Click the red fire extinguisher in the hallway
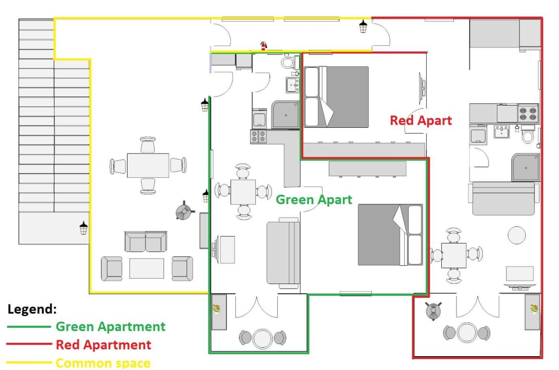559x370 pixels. (x=263, y=46)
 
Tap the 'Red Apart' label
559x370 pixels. (x=421, y=120)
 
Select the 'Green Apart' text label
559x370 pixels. (x=314, y=200)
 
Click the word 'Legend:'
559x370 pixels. (x=32, y=309)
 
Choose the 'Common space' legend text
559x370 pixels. (x=103, y=363)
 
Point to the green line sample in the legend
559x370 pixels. (x=29, y=327)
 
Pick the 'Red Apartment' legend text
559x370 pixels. (x=104, y=345)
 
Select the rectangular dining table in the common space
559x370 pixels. (x=148, y=166)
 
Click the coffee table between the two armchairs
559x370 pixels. (x=147, y=268)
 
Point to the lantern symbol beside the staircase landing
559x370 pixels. (x=84, y=228)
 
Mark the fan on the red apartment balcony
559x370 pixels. (x=434, y=311)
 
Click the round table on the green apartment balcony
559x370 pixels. (x=262, y=339)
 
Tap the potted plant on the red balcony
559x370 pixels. (x=534, y=309)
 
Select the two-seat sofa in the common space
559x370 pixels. (x=146, y=241)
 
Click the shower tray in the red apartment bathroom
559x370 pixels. (x=526, y=167)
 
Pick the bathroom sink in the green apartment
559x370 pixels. (x=292, y=85)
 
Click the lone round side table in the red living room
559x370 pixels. (x=517, y=235)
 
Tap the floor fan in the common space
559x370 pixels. (x=184, y=211)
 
